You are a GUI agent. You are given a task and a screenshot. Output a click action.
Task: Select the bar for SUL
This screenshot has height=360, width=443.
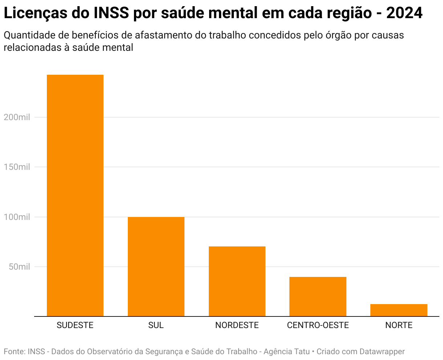coord(156,266)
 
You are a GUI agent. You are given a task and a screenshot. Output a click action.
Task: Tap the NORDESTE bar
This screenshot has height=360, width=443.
coord(237,281)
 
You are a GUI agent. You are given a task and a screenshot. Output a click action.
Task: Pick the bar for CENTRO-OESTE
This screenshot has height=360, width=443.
coord(318,296)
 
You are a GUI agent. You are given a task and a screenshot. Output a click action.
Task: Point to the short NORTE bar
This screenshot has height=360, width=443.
coord(399,310)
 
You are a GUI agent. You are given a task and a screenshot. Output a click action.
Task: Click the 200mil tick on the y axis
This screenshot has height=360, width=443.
coord(17,117)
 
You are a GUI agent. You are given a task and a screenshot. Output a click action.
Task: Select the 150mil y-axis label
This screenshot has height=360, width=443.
coord(17,167)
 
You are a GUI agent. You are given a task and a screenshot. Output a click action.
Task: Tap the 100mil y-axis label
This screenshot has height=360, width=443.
coord(17,217)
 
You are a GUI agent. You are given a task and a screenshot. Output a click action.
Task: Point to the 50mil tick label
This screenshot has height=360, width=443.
coord(19,267)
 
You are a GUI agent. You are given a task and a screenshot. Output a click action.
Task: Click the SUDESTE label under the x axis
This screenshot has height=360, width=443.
coord(75,325)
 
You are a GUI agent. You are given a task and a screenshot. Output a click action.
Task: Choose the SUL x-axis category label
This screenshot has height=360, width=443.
coord(156,325)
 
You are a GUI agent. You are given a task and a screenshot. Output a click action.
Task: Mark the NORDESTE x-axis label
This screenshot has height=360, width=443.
coord(237,325)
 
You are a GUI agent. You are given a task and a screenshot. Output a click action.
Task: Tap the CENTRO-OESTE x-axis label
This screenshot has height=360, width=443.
coord(318,325)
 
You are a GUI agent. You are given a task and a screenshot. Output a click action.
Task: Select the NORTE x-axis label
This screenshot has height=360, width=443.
coord(399,325)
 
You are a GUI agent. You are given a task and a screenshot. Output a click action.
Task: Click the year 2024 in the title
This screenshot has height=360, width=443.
coord(404,13)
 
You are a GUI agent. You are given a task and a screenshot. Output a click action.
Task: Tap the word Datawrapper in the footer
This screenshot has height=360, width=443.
coord(382,352)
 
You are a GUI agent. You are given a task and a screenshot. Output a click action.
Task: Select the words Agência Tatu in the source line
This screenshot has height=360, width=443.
coord(286,352)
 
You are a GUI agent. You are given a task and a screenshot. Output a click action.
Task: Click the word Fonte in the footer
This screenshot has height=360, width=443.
coord(13,352)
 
